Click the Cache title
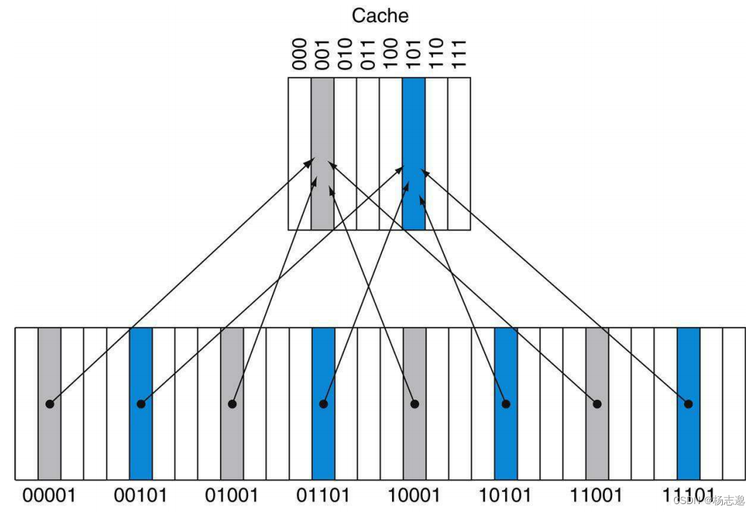pyautogui.click(x=380, y=15)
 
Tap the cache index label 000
pyautogui.click(x=300, y=55)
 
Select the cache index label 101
pyautogui.click(x=414, y=55)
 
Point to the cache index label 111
pyautogui.click(x=459, y=55)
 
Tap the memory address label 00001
pyautogui.click(x=50, y=495)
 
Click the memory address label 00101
pyautogui.click(x=141, y=495)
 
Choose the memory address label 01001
pyautogui.click(x=232, y=495)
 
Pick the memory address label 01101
pyautogui.click(x=323, y=495)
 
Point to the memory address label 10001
pyautogui.click(x=414, y=495)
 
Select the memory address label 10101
pyautogui.click(x=506, y=495)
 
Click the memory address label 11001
pyautogui.click(x=597, y=495)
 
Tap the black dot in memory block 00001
pyautogui.click(x=50, y=404)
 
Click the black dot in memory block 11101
pyautogui.click(x=688, y=404)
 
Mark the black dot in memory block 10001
pyautogui.click(x=414, y=404)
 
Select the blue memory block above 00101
pyautogui.click(x=141, y=360)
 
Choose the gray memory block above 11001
pyautogui.click(x=597, y=360)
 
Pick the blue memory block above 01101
pyautogui.click(x=323, y=360)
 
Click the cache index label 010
pyautogui.click(x=345, y=55)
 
